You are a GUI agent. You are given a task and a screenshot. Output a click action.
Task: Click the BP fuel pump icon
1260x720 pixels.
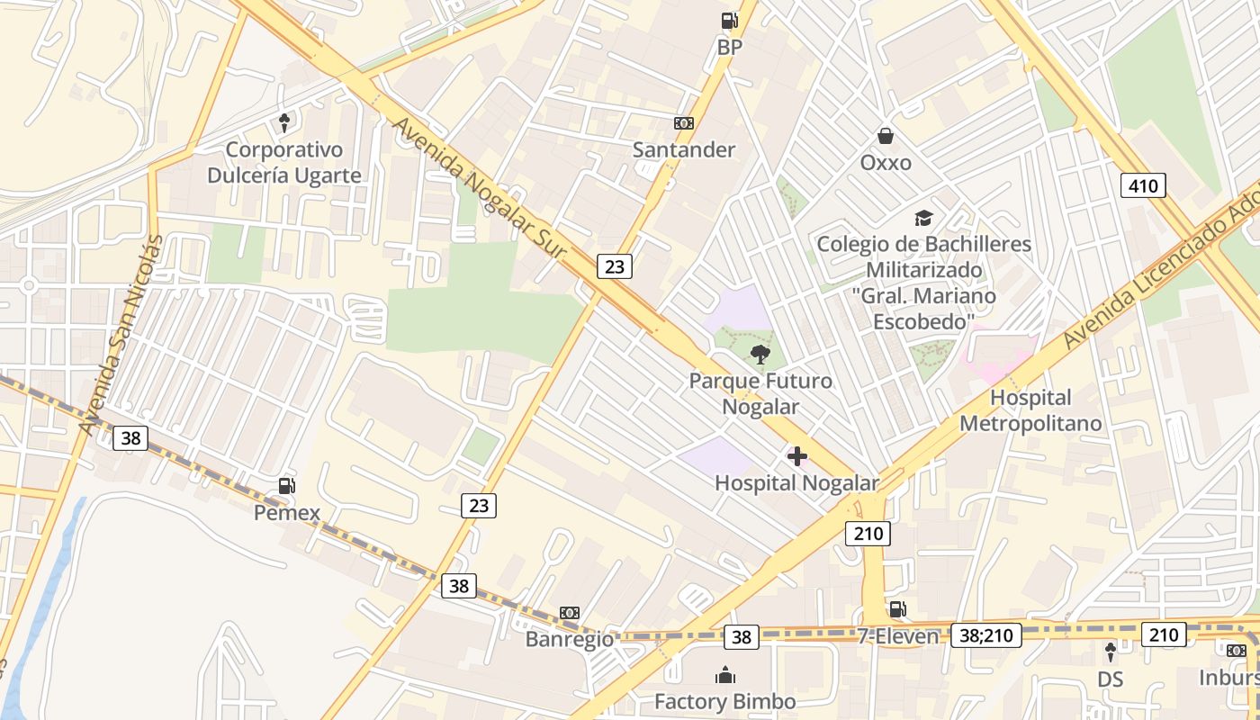click(729, 21)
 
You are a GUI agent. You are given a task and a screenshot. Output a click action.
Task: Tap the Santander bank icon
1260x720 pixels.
click(684, 123)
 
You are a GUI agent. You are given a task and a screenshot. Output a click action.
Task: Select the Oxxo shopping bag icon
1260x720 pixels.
click(886, 136)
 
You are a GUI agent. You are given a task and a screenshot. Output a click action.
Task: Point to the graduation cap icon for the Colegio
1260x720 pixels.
click(923, 218)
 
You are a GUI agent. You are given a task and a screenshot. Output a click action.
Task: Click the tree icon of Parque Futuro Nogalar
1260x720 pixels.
click(760, 354)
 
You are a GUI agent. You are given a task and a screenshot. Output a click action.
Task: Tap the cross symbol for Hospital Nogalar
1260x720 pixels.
click(796, 456)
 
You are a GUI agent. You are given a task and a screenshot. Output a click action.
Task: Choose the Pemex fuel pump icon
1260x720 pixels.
click(286, 486)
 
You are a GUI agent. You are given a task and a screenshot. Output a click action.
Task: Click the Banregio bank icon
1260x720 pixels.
click(569, 613)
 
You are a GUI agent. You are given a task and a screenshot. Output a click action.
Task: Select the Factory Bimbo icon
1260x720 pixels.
click(724, 675)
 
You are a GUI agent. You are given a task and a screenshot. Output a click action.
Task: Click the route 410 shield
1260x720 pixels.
click(1143, 185)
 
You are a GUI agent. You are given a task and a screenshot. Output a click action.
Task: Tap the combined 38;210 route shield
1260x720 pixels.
click(985, 635)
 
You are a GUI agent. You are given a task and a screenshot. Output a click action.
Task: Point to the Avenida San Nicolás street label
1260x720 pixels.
click(121, 335)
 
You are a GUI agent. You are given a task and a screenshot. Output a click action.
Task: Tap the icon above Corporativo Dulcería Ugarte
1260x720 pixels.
click(284, 122)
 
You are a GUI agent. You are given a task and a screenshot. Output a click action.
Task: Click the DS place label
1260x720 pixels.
click(1111, 678)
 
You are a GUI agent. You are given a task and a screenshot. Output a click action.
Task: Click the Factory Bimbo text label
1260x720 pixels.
click(724, 702)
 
